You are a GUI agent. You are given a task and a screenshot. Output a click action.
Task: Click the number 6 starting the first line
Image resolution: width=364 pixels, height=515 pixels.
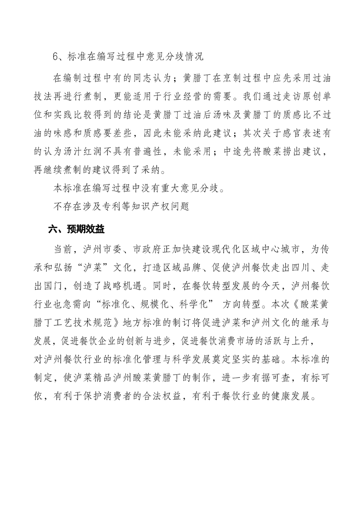tap(56, 57)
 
